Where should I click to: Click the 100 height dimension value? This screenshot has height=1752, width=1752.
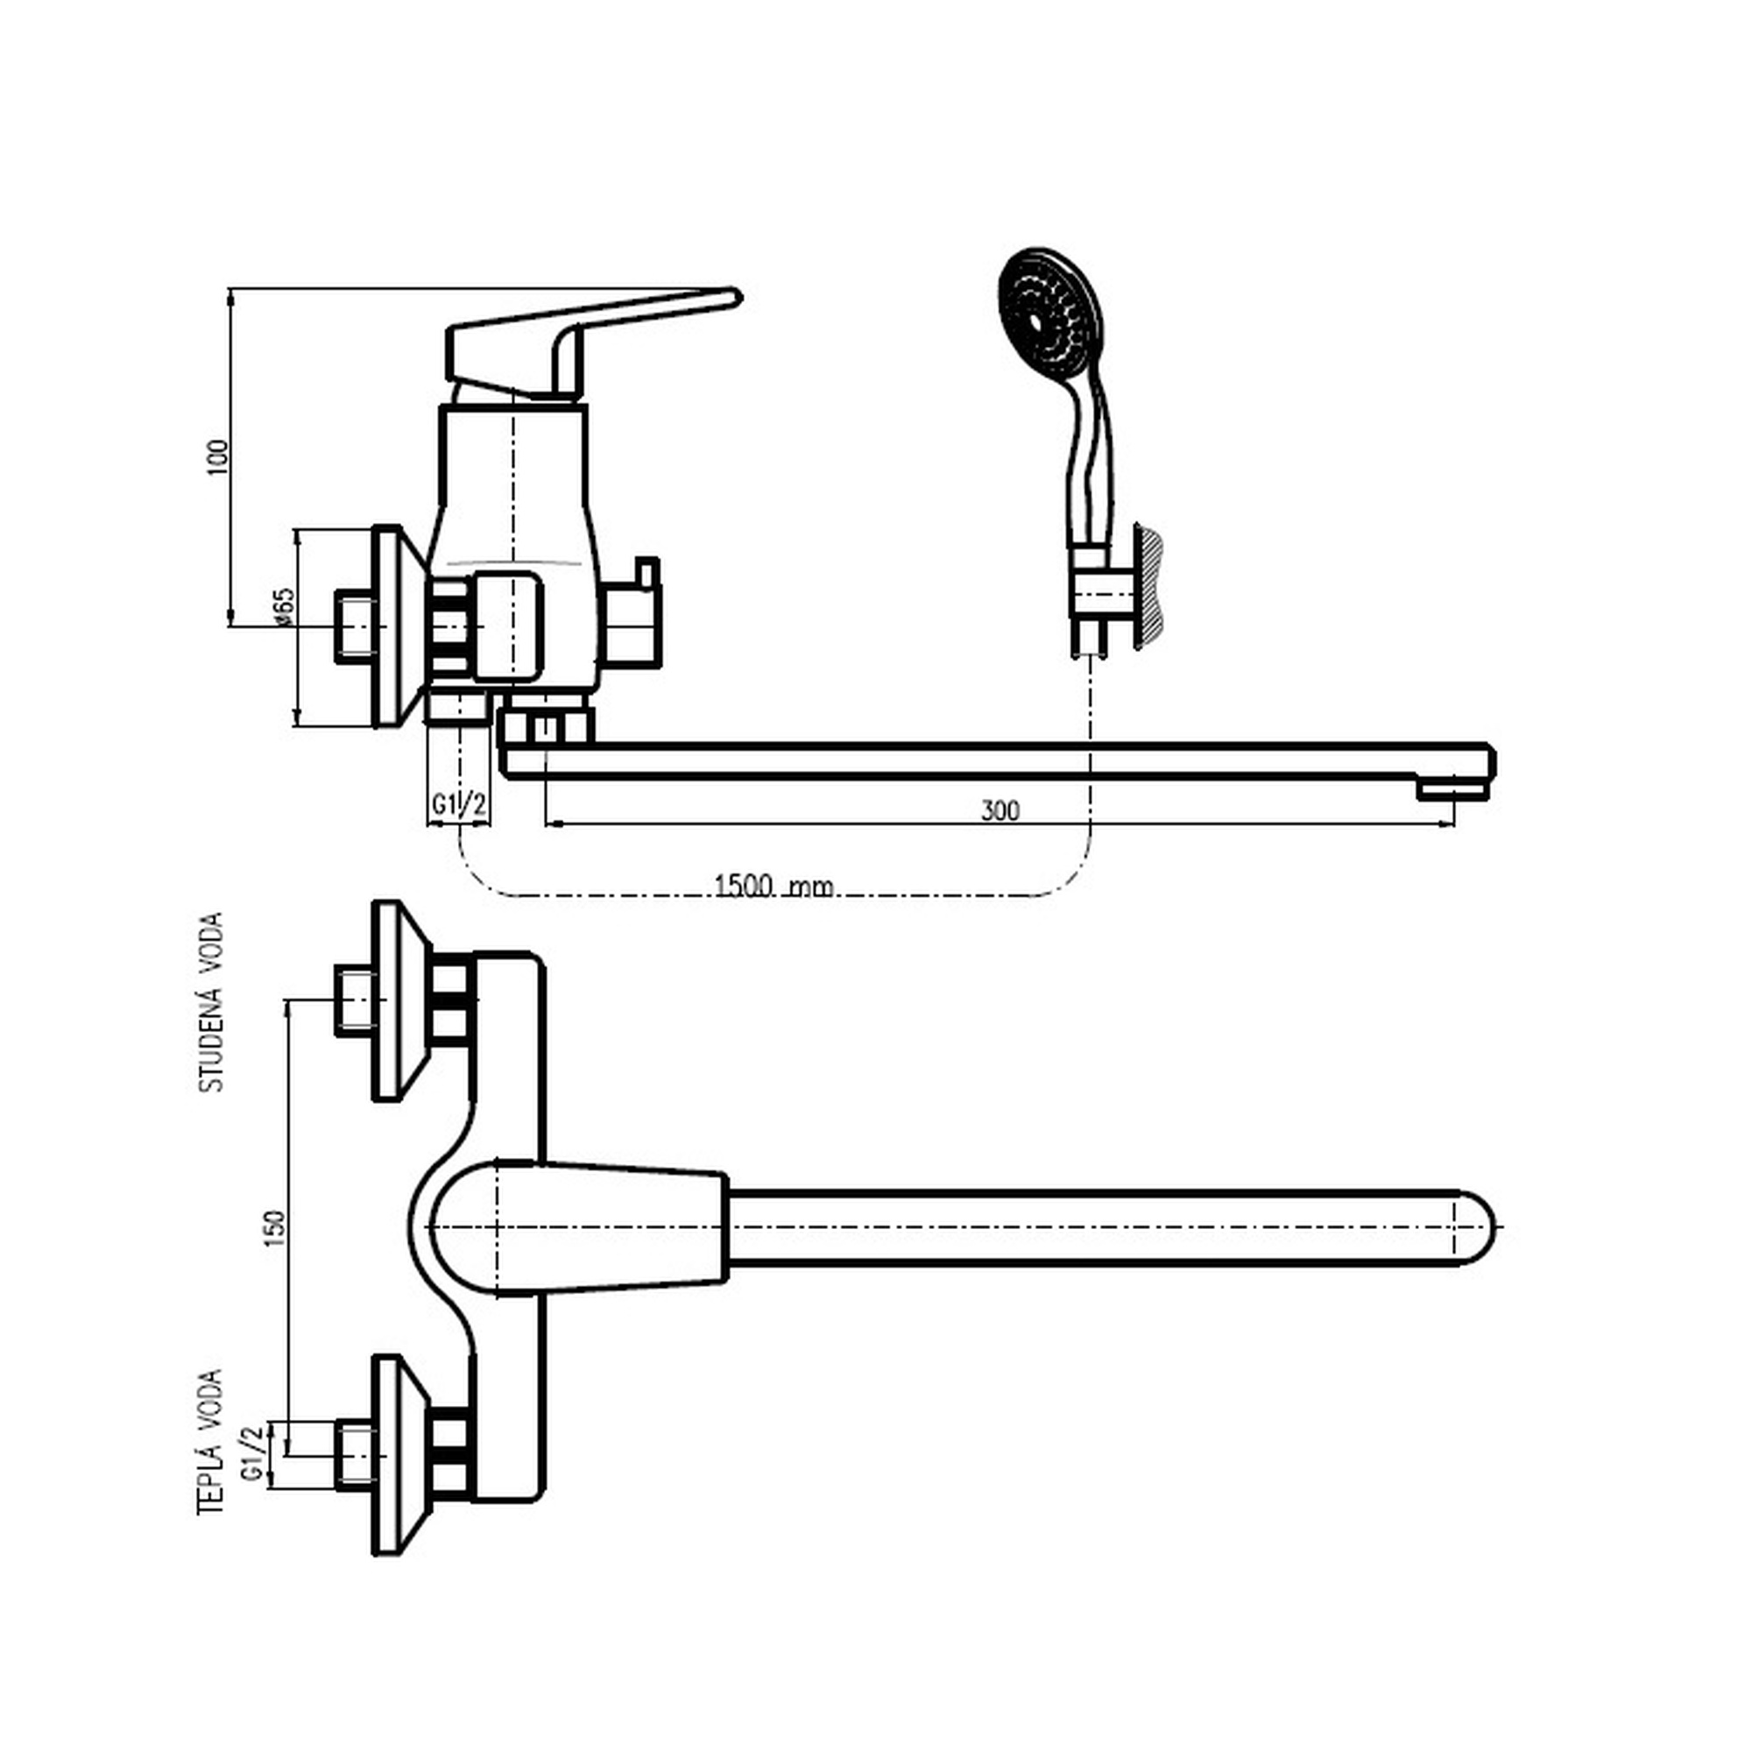[x=218, y=458]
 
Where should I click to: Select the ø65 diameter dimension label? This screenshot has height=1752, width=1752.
[x=284, y=607]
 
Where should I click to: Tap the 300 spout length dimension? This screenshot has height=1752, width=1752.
[x=1000, y=809]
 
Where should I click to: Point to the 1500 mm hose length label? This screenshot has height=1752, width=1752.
[x=774, y=885]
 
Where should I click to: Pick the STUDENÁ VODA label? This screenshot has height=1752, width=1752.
[x=211, y=1002]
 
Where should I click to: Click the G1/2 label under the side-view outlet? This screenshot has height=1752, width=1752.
[x=460, y=804]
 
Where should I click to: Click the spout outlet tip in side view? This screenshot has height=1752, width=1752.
[x=1452, y=791]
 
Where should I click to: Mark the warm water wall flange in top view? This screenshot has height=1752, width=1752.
[x=399, y=1455]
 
